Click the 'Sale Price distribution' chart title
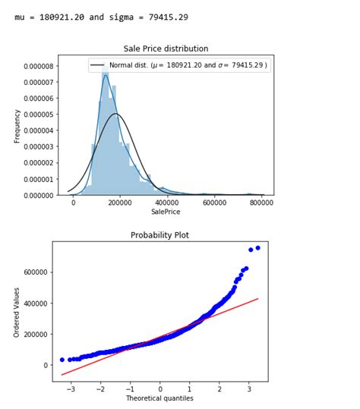click(166, 49)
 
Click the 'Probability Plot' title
click(160, 235)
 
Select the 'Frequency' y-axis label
click(17, 126)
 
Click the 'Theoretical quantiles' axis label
click(160, 398)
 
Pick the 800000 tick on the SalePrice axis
click(261, 203)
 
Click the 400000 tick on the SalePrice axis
click(167, 203)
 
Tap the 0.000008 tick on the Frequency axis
click(37, 66)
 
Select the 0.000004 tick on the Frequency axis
click(37, 131)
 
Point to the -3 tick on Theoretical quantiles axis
click(71, 388)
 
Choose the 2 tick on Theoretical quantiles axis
click(219, 388)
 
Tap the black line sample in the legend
click(98, 65)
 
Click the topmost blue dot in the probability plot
click(257, 247)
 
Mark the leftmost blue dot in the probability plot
click(62, 360)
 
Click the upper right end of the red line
click(258, 298)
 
